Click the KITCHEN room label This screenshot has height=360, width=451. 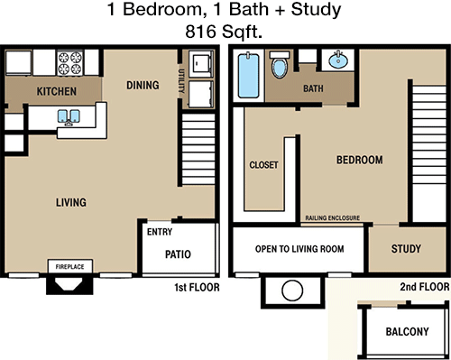[x=57, y=91]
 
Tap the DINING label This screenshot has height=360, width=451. [x=143, y=85]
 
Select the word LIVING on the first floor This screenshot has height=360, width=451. [x=71, y=202]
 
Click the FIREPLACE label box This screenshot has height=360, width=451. [x=70, y=266]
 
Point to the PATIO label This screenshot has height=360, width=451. [x=178, y=254]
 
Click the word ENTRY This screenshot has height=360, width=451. [x=160, y=232]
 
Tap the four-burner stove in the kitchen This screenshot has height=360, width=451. [x=70, y=63]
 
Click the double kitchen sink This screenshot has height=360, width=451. [x=69, y=116]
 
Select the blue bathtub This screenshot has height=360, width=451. [x=248, y=76]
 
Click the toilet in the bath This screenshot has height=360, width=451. [x=280, y=65]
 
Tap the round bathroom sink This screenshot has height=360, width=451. [x=338, y=60]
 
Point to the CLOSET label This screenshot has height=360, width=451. [x=263, y=165]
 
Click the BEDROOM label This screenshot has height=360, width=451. [x=360, y=160]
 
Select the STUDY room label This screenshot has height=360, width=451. [x=406, y=248]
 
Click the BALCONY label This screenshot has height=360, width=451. [x=408, y=331]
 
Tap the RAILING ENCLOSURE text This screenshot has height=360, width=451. [x=333, y=217]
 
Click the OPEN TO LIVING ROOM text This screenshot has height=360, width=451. [x=299, y=249]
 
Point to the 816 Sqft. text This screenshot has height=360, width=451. [x=224, y=32]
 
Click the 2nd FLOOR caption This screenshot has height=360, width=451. [x=425, y=287]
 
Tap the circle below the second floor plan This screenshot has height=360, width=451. [x=292, y=291]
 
